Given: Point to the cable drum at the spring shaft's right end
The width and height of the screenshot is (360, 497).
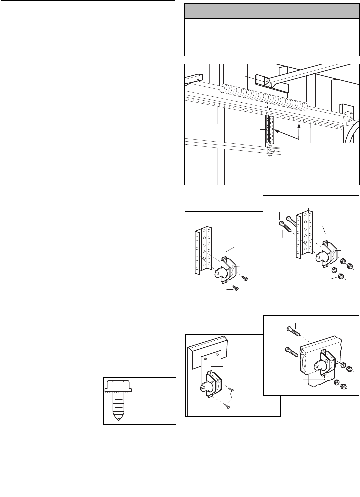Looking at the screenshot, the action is point(348,116).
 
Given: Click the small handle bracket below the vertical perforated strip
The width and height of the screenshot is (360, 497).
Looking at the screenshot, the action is point(270,151).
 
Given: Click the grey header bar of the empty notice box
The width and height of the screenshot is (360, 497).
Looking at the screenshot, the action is point(272,11).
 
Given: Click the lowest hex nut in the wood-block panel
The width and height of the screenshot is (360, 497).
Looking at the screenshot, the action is point(343,386).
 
